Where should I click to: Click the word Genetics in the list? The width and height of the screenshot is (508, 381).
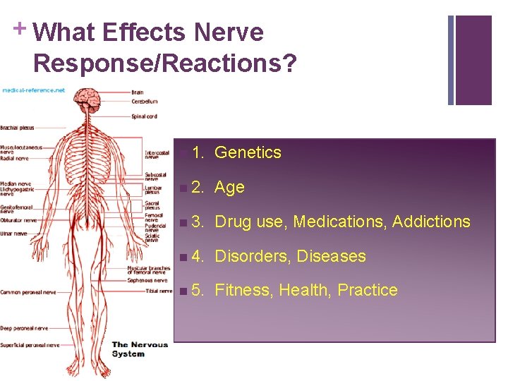point(248,152)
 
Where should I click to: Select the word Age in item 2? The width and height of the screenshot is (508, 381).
point(229,187)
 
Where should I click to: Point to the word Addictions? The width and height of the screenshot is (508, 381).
point(431,222)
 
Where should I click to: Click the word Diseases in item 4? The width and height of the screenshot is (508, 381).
point(332,256)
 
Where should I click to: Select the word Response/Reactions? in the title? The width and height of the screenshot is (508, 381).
point(164,63)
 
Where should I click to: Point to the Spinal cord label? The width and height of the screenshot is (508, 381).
point(144,116)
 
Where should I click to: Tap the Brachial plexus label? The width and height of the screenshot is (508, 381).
point(18,128)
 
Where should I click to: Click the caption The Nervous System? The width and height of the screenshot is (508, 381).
point(140,349)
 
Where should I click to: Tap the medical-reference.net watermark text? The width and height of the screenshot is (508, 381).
point(33,90)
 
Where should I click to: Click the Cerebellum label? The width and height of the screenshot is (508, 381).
point(145,101)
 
